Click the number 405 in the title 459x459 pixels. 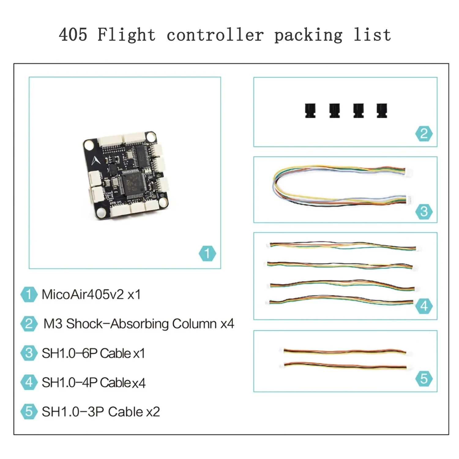[x=73, y=34]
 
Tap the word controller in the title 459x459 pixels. [x=215, y=34]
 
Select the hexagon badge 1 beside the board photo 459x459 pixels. [x=207, y=253]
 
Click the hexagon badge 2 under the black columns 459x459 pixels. [x=424, y=134]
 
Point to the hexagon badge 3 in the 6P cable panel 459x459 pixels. [x=424, y=211]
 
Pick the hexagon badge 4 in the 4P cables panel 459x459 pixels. [x=424, y=306]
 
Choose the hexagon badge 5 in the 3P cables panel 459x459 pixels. [x=424, y=379]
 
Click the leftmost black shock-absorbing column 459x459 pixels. [x=310, y=111]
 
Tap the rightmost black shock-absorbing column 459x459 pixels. [x=382, y=111]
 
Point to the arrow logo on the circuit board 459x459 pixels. [x=95, y=160]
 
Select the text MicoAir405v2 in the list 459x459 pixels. [x=83, y=294]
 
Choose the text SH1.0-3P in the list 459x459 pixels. [x=73, y=412]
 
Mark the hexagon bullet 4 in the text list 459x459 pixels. [x=29, y=382]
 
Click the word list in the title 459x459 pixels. [x=372, y=34]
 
